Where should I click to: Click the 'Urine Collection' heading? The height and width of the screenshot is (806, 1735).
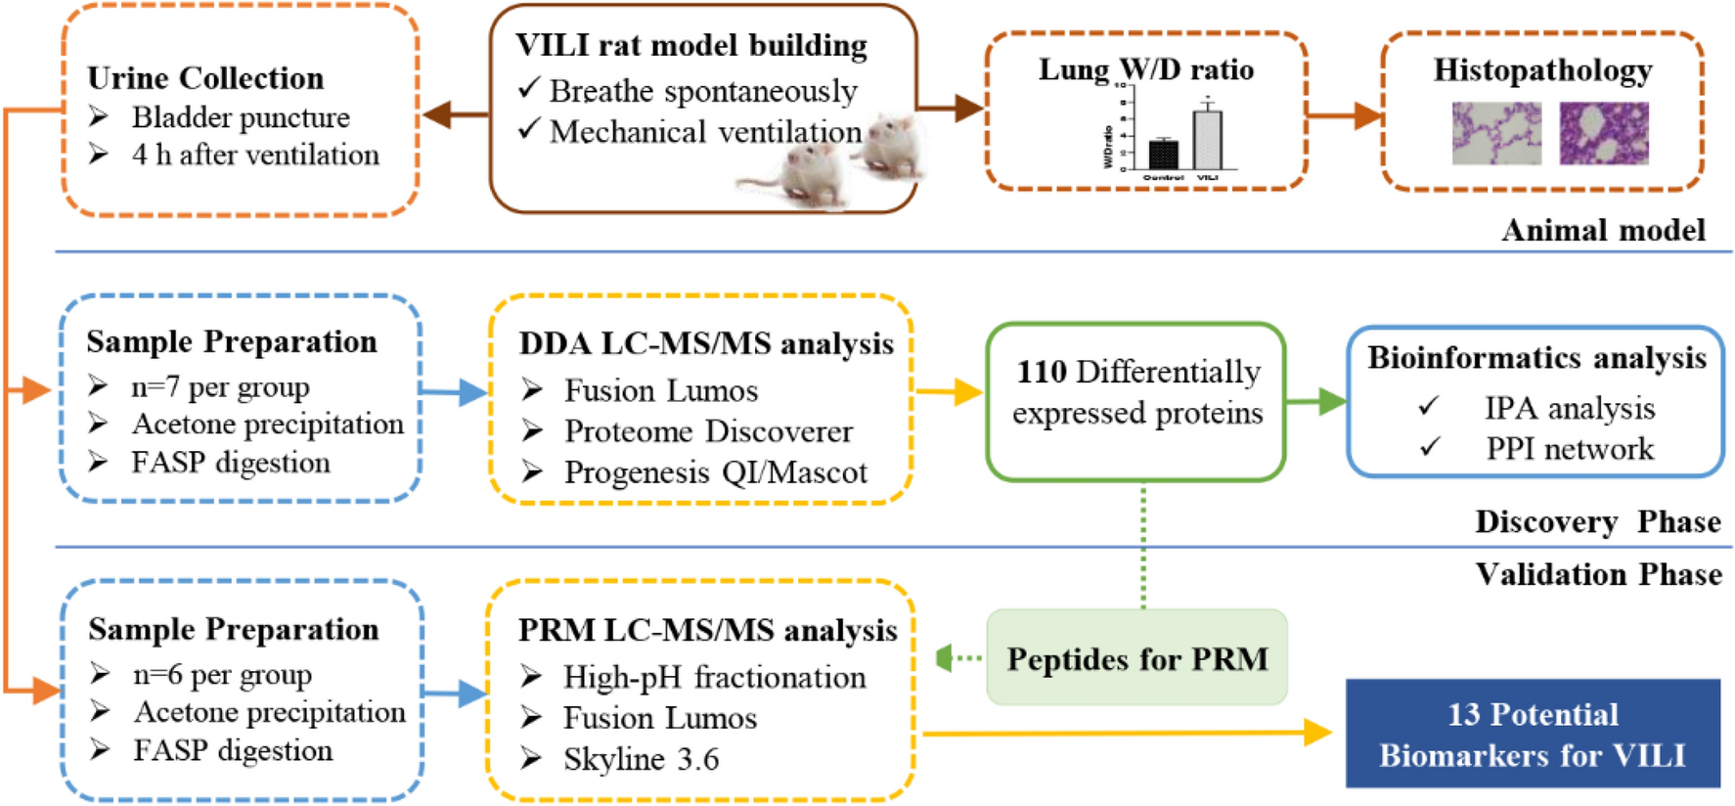point(205,77)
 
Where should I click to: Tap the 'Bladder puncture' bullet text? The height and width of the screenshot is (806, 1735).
point(241,117)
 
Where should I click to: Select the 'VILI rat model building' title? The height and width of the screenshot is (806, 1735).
point(691,45)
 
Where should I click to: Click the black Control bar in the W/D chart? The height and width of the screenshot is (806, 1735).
point(1163,155)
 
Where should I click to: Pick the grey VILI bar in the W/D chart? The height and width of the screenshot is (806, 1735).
point(1208,140)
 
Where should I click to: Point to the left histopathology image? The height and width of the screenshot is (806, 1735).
point(1496,133)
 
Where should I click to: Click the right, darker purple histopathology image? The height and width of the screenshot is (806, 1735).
point(1604,133)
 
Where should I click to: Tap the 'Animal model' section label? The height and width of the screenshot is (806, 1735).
point(1603,230)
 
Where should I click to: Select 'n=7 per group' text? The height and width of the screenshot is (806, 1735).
point(220,387)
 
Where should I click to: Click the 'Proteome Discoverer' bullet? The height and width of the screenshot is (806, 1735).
point(708,431)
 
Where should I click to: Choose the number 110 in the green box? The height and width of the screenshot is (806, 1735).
point(1042,372)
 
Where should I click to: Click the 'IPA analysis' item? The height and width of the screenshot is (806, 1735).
point(1570,408)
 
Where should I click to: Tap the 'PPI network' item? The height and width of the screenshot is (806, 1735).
point(1570,449)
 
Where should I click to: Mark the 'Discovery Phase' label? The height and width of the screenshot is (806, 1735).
point(1597,521)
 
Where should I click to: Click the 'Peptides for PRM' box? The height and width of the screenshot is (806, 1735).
point(1136,658)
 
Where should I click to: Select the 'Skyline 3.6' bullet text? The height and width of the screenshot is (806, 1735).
point(641,759)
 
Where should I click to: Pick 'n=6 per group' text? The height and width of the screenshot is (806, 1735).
point(222,675)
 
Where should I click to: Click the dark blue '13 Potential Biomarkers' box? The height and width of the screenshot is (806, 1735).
point(1533,734)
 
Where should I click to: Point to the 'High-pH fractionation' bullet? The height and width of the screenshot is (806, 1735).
point(714,677)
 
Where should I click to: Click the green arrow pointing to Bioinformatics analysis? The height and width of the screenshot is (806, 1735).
point(1316,401)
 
